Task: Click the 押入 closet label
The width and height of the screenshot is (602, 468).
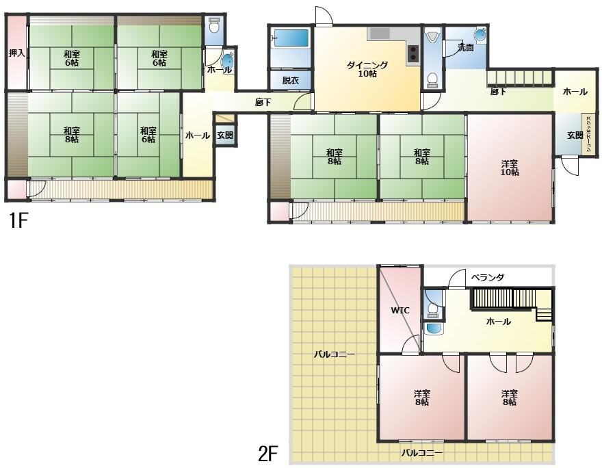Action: point(17,53)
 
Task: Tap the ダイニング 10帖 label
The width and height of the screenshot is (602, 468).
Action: point(367,70)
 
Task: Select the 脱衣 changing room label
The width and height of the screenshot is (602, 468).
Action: point(291,81)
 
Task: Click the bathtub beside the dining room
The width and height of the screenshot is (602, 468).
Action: point(291,40)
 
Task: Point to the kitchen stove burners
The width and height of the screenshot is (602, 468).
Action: point(413,53)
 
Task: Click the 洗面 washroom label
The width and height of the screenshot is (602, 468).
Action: point(466,48)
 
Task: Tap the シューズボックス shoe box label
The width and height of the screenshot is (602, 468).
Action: point(590,134)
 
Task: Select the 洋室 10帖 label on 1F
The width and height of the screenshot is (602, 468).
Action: point(510,168)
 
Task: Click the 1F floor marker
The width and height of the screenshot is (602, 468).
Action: point(18,221)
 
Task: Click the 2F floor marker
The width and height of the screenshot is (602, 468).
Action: point(267,454)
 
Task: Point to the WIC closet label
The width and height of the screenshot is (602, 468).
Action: point(400,310)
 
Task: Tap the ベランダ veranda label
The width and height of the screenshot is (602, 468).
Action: point(487,277)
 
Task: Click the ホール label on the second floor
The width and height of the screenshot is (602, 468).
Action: point(498,322)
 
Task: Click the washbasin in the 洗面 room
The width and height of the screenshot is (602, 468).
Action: point(480,35)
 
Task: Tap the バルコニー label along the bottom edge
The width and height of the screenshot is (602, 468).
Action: point(422,453)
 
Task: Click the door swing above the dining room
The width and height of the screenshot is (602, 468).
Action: point(324,16)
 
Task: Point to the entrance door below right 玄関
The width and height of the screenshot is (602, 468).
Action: point(570,166)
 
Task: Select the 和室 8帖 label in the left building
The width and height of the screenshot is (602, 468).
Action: point(72,135)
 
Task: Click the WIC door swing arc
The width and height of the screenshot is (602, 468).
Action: point(411,343)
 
